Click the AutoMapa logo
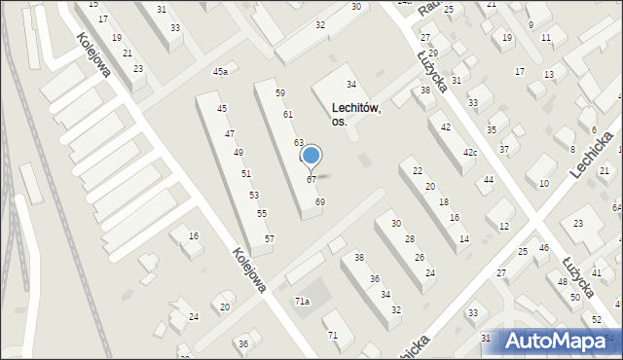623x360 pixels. [561, 342]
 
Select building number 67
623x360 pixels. [311, 180]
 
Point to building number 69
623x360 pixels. [320, 201]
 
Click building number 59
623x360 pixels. [279, 93]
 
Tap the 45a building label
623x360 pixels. [221, 72]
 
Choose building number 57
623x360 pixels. [270, 238]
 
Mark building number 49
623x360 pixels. [238, 153]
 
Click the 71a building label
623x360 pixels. [303, 302]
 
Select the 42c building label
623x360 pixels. [469, 153]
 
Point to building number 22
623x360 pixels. [418, 171]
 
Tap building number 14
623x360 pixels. [464, 238]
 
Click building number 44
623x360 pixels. [489, 180]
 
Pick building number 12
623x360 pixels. [503, 227]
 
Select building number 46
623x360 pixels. [544, 248]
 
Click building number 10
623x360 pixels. [543, 183]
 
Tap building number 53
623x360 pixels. [253, 196]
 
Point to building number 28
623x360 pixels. [409, 239]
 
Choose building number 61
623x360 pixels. [288, 115]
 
